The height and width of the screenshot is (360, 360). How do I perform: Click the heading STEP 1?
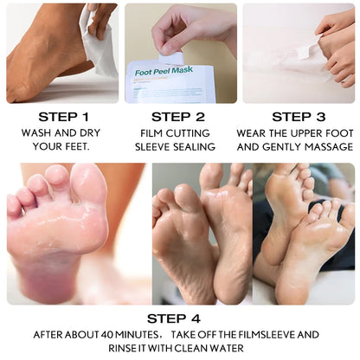pos(63,117)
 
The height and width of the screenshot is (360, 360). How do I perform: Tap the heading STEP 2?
pos(178,117)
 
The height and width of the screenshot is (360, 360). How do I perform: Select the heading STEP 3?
pos(299,117)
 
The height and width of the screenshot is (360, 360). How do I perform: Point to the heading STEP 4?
pos(174,318)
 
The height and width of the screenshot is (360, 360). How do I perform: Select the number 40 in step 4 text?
pos(106,335)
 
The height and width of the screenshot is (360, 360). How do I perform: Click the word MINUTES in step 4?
pos(136,335)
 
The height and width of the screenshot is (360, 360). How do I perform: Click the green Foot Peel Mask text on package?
pos(164,71)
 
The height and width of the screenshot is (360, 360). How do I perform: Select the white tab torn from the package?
pos(170,57)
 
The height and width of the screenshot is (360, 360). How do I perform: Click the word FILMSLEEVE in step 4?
pos(267,335)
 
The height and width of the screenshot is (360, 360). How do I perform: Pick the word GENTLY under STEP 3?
pos(282,146)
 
